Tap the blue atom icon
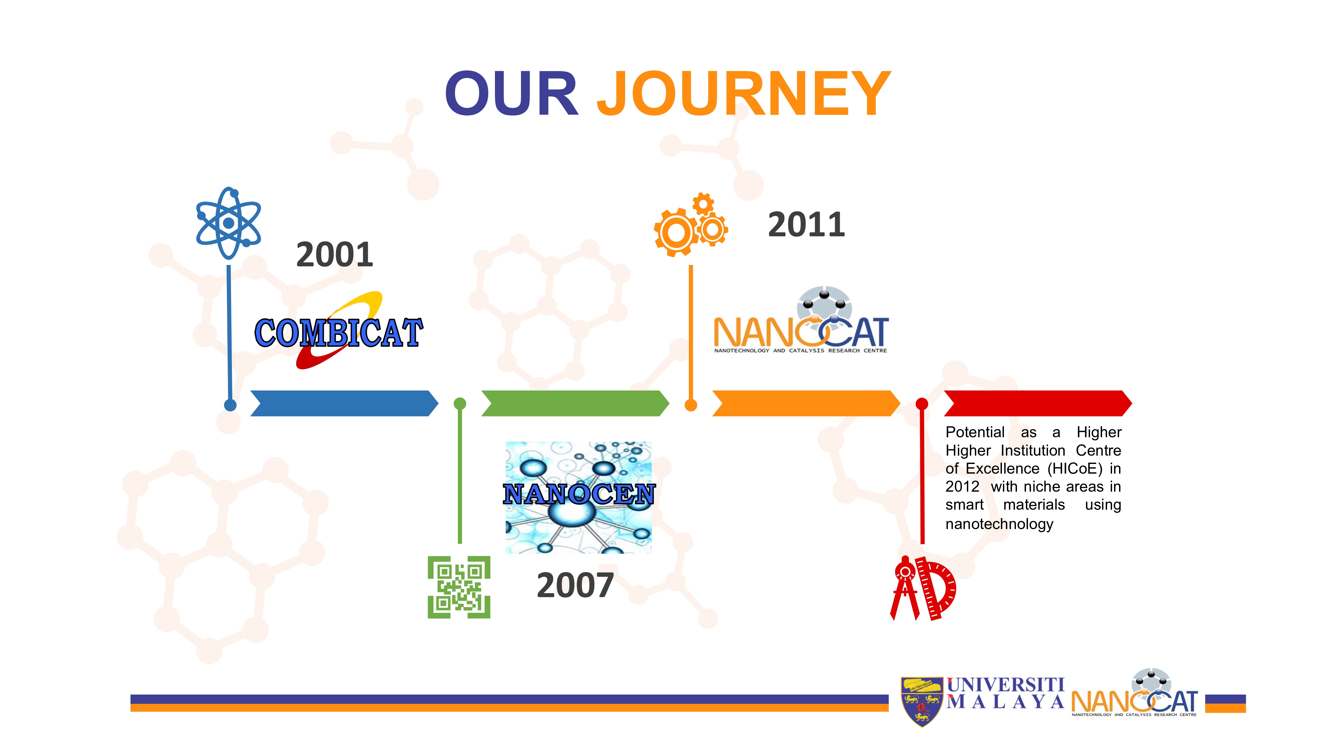(229, 223)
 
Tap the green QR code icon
(459, 587)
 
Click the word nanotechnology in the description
(999, 524)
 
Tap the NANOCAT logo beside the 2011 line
(801, 320)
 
